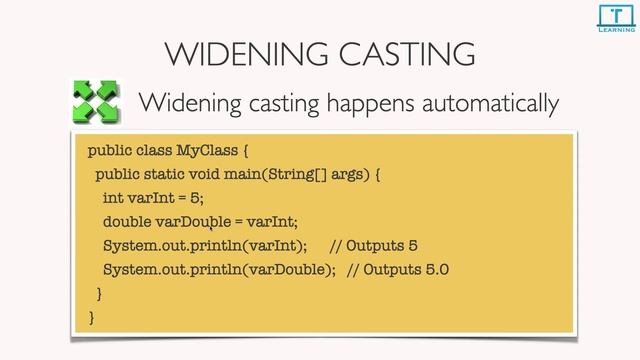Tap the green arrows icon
click(97, 103)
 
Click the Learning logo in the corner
click(612, 18)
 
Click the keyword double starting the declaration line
click(127, 222)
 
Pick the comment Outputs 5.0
click(398, 270)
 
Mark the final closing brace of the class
click(92, 317)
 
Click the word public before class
click(109, 152)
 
